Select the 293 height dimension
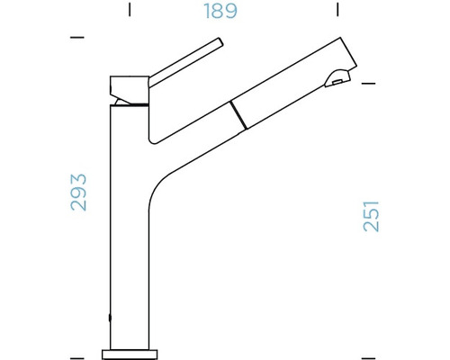click(x=79, y=192)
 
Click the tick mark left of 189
click(x=130, y=11)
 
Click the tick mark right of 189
click(x=337, y=11)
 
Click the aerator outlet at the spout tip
click(x=337, y=83)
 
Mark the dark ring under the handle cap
click(x=129, y=105)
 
